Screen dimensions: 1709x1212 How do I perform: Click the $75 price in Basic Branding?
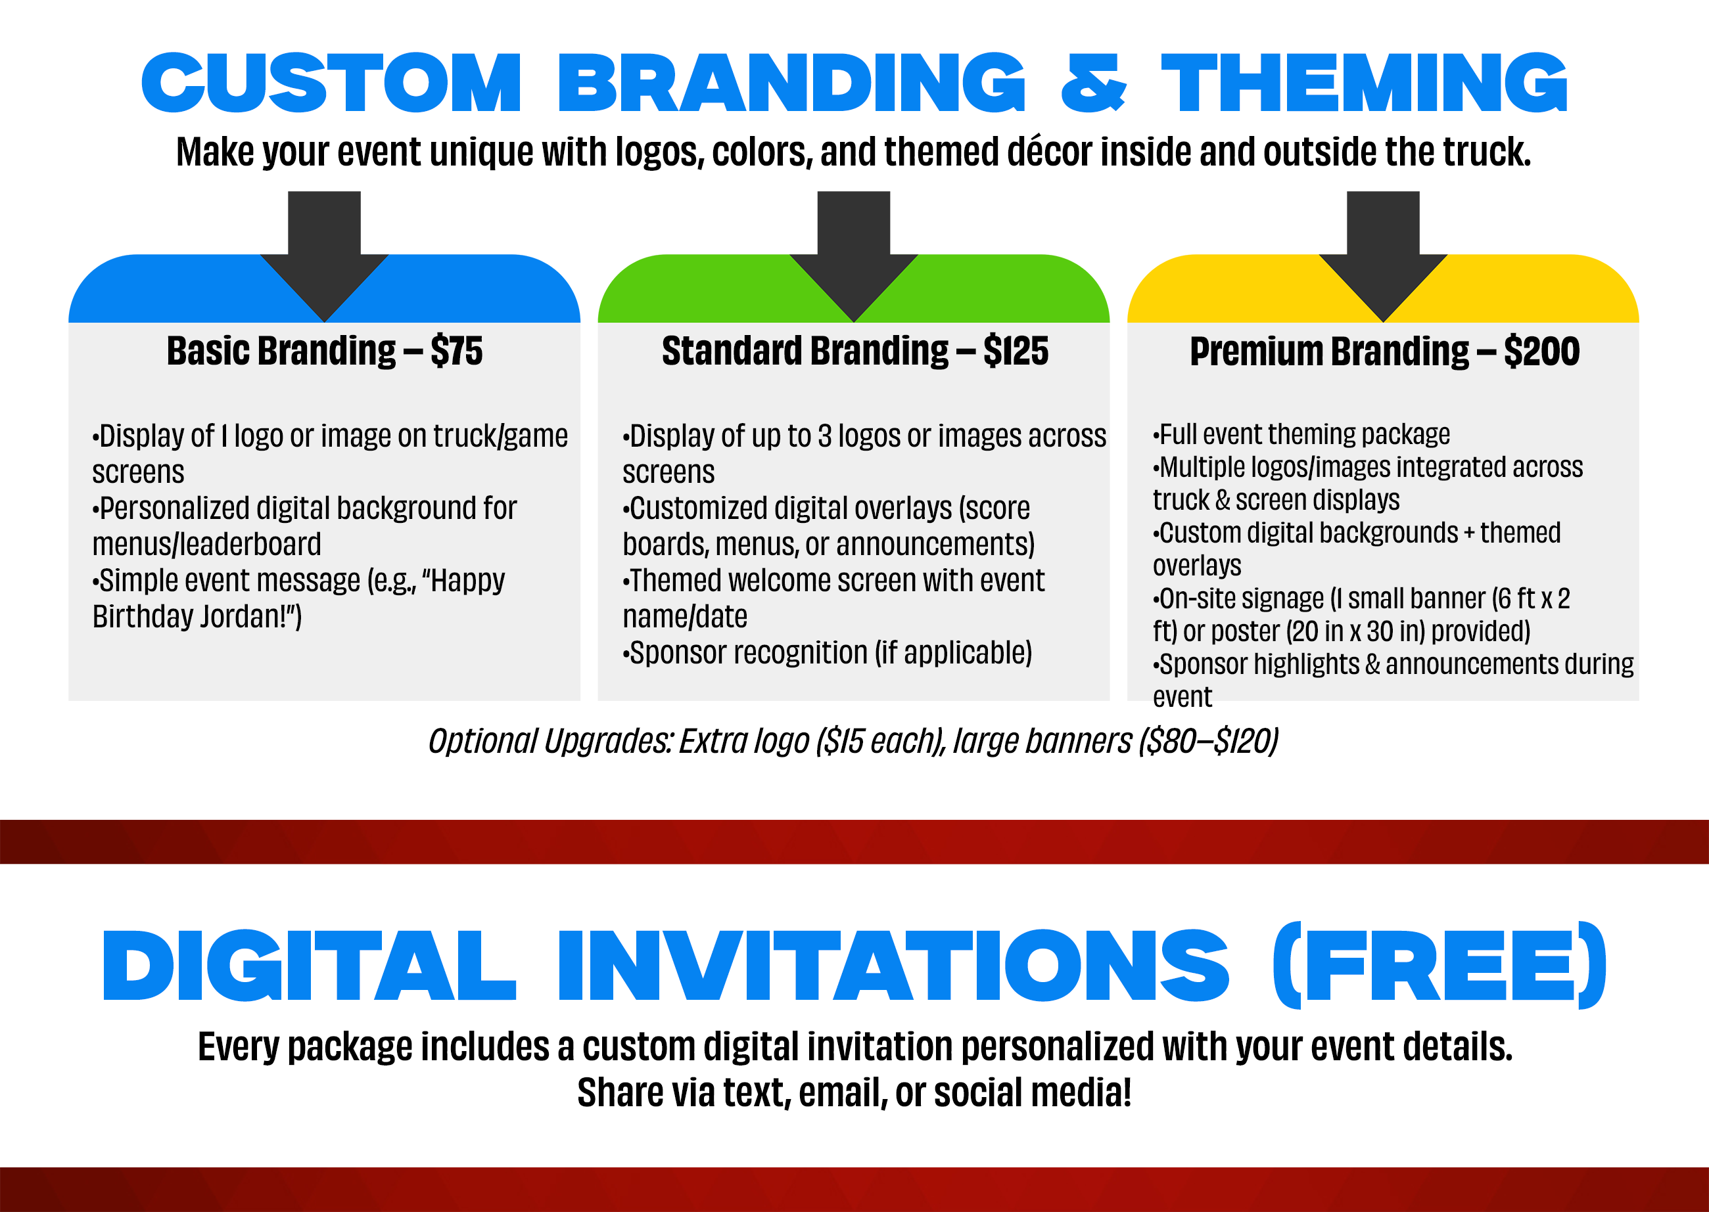click(x=456, y=351)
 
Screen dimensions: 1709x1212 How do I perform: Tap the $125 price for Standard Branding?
click(x=1016, y=351)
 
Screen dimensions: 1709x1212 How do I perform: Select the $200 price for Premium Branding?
click(x=1542, y=351)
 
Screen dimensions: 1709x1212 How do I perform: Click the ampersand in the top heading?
click(x=1093, y=83)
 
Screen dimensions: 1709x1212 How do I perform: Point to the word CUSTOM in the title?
click(x=331, y=83)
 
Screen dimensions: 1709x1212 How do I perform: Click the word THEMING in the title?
click(x=1365, y=83)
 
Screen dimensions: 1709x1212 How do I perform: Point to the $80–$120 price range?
click(x=1209, y=741)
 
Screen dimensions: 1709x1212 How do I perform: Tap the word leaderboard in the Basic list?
click(x=250, y=544)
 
